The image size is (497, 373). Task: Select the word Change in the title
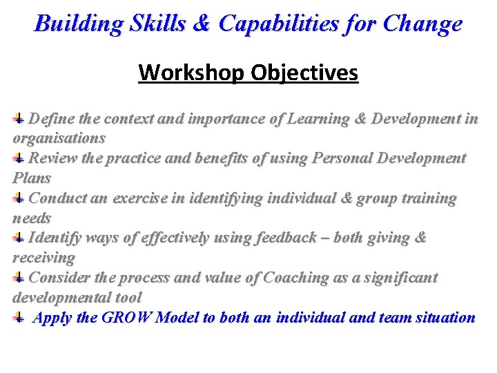click(x=424, y=25)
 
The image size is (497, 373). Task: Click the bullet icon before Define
click(x=20, y=119)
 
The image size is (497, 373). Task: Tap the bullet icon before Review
click(x=20, y=159)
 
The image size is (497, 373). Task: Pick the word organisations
click(x=59, y=138)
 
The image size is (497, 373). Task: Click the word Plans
click(x=32, y=178)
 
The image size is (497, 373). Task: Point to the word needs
click(x=32, y=218)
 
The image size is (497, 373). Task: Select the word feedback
click(x=290, y=238)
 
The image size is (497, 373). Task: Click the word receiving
click(x=44, y=258)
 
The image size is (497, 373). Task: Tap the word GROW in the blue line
click(x=127, y=318)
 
